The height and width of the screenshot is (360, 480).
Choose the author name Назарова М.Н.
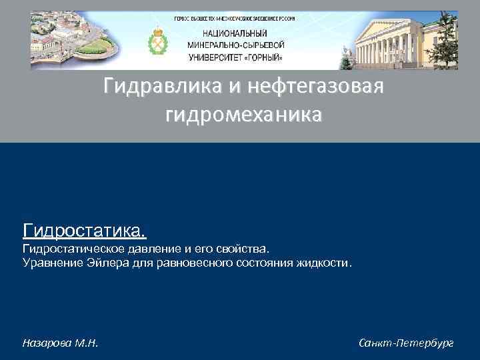pos(61,343)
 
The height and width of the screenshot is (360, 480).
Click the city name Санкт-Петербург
pos(405,343)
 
